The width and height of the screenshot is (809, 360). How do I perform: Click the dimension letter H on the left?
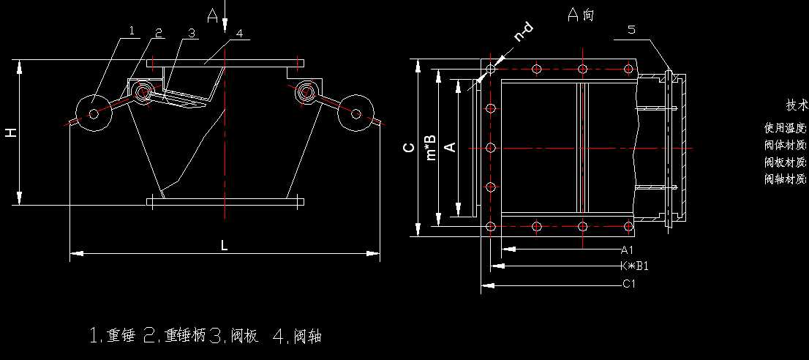[x=10, y=132]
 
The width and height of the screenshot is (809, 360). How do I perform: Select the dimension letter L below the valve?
[x=225, y=246]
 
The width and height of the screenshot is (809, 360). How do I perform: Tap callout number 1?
[x=132, y=31]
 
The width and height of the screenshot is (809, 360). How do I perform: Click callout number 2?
[x=158, y=32]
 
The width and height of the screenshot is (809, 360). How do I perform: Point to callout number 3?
[x=190, y=33]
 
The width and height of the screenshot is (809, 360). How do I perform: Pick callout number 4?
[x=239, y=33]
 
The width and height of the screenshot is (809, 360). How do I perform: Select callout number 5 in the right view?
[x=631, y=30]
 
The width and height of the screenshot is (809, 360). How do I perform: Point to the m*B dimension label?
[x=432, y=147]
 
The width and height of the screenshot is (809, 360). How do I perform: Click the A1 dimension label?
[x=627, y=250]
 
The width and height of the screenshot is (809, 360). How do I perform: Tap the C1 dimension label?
[x=628, y=284]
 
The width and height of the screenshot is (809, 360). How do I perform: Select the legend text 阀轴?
[x=307, y=336]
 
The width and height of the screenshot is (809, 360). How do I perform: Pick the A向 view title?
[x=581, y=15]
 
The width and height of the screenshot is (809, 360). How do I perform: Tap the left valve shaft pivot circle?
[x=142, y=91]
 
